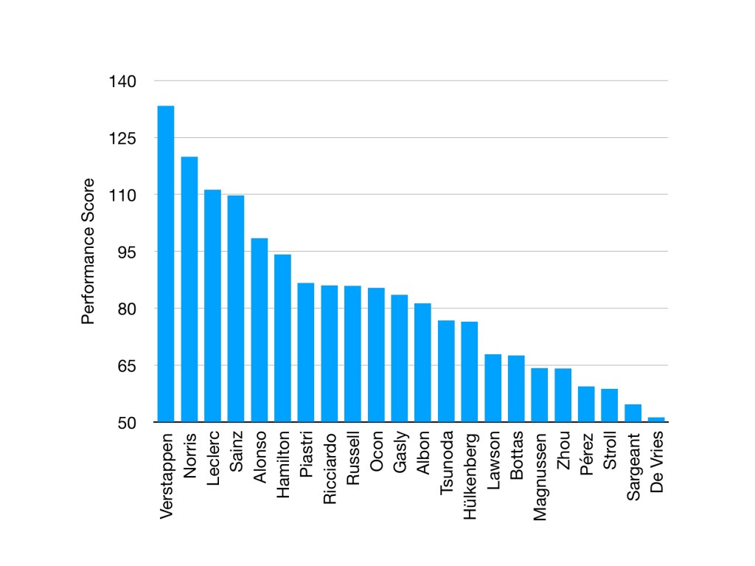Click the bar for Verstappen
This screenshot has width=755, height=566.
[166, 263]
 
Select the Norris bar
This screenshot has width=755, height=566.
[189, 289]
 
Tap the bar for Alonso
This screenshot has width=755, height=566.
[260, 330]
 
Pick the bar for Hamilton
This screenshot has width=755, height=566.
[282, 338]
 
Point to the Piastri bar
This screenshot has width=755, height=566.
[306, 352]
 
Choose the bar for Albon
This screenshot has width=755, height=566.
[422, 362]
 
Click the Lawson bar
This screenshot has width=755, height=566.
[493, 388]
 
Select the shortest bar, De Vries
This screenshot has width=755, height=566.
[656, 420]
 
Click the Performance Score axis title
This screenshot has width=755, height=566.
[88, 252]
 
